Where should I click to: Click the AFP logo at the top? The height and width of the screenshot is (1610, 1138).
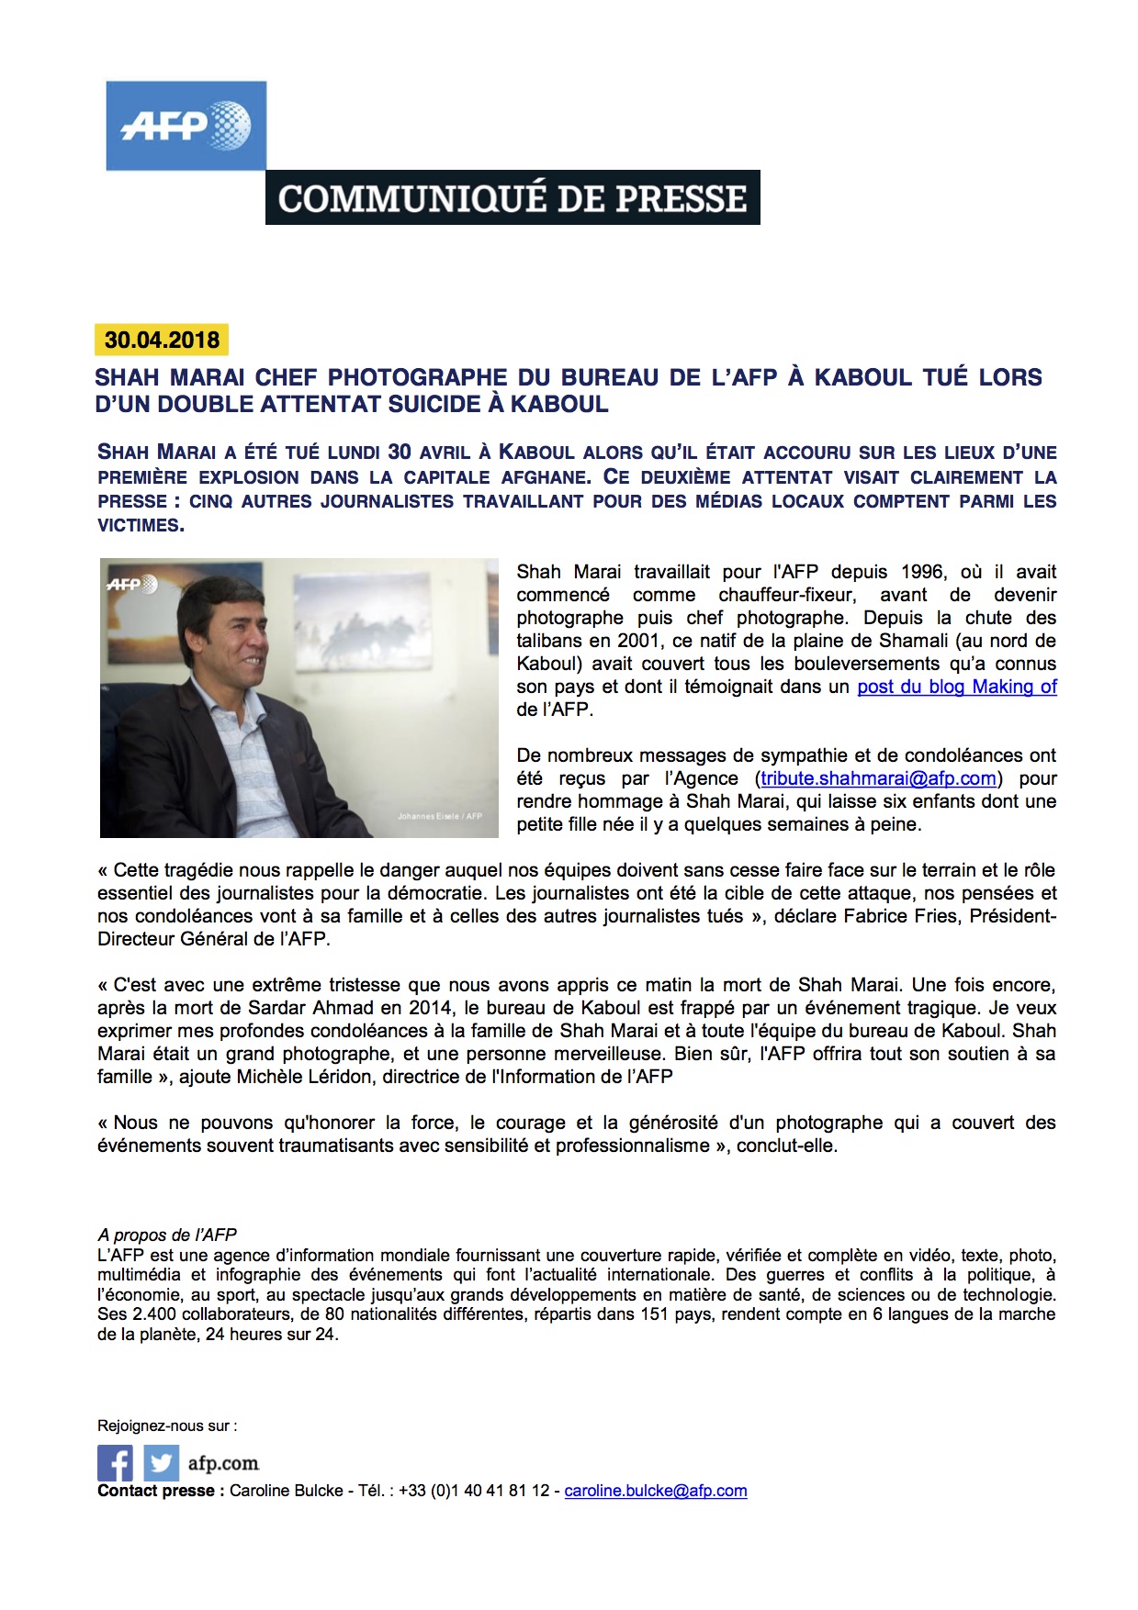pos(186,126)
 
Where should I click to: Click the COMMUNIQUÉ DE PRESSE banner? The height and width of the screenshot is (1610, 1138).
pos(513,197)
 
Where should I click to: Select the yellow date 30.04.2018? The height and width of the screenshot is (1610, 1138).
pos(162,340)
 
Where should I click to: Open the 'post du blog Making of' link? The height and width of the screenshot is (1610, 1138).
pos(956,687)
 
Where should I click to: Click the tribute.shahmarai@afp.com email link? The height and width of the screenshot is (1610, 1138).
pos(878,778)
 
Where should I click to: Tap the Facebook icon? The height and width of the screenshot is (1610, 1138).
pos(115,1462)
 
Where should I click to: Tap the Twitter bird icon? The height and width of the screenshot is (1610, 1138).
pos(161,1462)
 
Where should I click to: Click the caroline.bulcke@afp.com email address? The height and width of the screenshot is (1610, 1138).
pos(655,1491)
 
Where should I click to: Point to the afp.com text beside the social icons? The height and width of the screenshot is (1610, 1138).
pos(223,1463)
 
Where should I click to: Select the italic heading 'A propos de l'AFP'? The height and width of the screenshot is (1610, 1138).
pos(167,1235)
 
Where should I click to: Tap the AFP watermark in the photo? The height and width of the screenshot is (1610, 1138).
pos(132,584)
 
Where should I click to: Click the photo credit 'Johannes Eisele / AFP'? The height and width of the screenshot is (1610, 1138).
pos(439,816)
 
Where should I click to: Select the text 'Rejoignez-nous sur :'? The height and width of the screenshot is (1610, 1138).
pos(167,1426)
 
